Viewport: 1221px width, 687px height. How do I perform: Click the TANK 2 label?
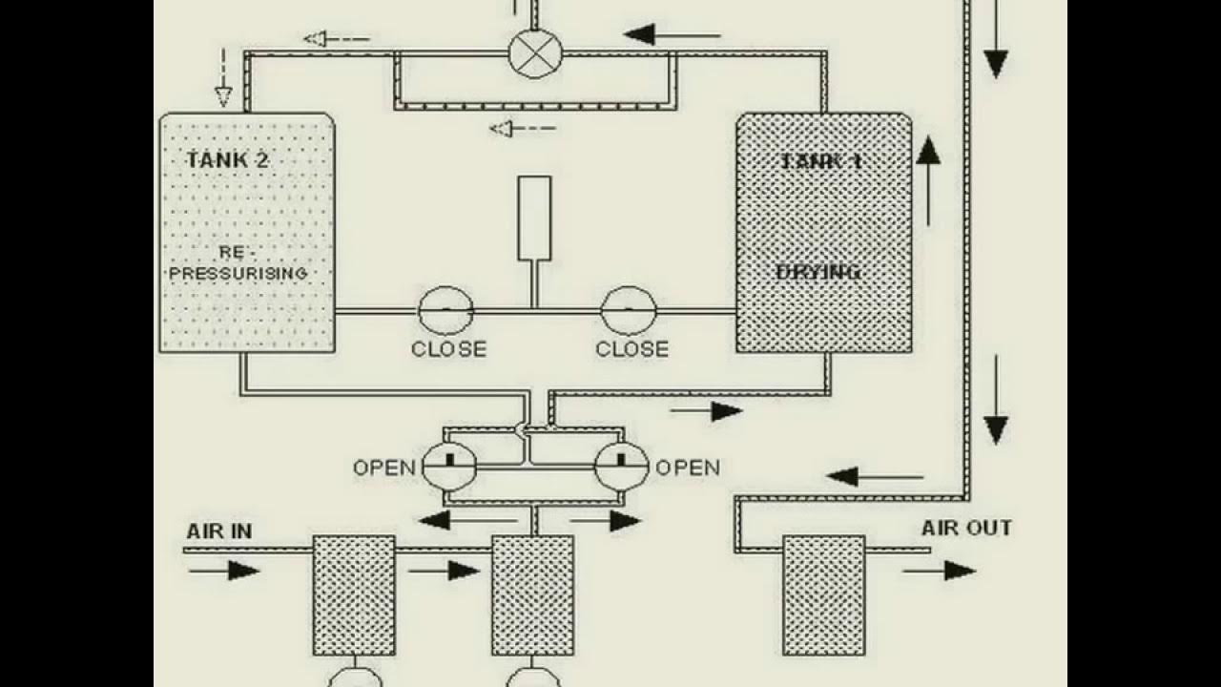pyautogui.click(x=227, y=159)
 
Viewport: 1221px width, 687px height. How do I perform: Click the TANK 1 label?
pyautogui.click(x=821, y=161)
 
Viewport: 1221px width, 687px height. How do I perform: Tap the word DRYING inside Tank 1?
pyautogui.click(x=818, y=273)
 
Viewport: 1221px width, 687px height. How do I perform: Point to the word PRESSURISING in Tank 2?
pyautogui.click(x=238, y=274)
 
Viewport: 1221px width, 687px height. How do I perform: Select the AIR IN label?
pyautogui.click(x=219, y=531)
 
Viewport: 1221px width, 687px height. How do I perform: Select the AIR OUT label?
pyautogui.click(x=966, y=528)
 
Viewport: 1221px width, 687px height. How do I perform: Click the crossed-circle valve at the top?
pyautogui.click(x=535, y=53)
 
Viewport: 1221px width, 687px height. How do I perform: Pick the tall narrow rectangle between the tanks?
pyautogui.click(x=534, y=218)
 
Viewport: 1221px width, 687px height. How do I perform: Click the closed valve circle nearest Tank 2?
pyautogui.click(x=445, y=310)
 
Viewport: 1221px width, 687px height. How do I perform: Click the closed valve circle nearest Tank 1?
pyautogui.click(x=629, y=310)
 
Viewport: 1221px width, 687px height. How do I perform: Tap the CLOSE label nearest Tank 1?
pyautogui.click(x=631, y=349)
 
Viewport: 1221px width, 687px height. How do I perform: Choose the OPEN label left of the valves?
pyautogui.click(x=384, y=468)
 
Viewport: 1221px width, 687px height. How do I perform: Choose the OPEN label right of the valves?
pyautogui.click(x=687, y=468)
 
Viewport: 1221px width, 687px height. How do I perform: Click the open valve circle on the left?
pyautogui.click(x=448, y=467)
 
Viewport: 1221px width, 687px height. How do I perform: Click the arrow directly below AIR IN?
pyautogui.click(x=224, y=571)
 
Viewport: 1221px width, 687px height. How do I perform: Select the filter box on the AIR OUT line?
pyautogui.click(x=824, y=595)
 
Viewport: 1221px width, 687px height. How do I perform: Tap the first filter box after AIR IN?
pyautogui.click(x=354, y=595)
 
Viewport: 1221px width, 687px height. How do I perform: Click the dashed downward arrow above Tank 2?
pyautogui.click(x=223, y=76)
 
